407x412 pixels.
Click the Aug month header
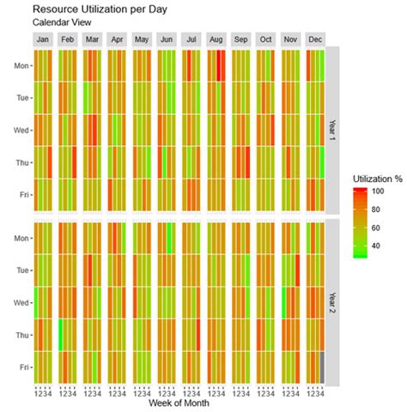tap(216, 39)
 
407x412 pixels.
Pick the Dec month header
tap(315, 39)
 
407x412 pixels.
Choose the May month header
tap(143, 39)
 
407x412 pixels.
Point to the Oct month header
tap(265, 39)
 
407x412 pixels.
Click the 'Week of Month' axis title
tap(180, 403)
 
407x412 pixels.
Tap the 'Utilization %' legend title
tap(378, 178)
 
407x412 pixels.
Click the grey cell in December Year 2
tap(322, 367)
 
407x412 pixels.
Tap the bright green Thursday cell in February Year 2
tap(61, 335)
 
